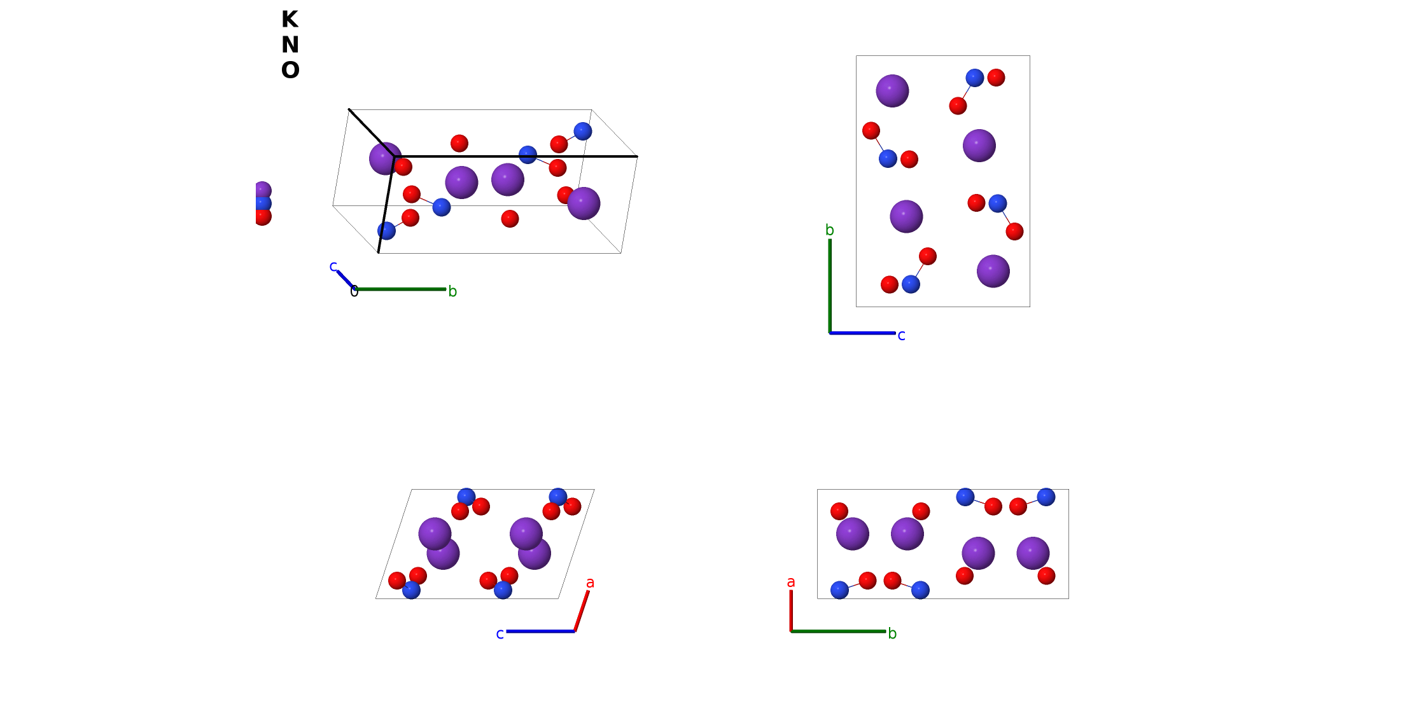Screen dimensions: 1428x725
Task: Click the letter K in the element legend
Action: (290, 20)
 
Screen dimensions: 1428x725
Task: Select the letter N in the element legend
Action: (290, 45)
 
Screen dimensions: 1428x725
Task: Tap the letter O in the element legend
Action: (290, 71)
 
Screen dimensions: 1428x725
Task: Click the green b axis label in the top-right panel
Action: (829, 230)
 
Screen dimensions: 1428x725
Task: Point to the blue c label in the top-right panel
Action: (901, 336)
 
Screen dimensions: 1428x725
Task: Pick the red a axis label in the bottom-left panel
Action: (590, 583)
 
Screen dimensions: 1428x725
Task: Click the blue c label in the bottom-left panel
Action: (500, 634)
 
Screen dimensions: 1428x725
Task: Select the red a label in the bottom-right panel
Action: (790, 582)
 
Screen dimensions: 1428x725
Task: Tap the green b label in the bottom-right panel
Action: (892, 633)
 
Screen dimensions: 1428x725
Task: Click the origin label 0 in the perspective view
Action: (354, 292)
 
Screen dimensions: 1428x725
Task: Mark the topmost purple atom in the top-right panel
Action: (892, 91)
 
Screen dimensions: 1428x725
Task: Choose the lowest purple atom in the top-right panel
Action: (993, 272)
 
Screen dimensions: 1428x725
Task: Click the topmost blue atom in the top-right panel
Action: (974, 78)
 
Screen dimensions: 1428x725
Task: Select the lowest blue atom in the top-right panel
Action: (911, 284)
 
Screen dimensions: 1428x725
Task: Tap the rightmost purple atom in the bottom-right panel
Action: (1033, 553)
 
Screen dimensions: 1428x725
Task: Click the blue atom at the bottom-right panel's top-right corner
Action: (1046, 497)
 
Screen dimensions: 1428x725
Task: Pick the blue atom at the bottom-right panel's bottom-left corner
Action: (839, 590)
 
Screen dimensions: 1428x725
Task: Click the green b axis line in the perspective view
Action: (401, 289)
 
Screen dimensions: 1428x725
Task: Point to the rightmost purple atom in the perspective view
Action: (584, 204)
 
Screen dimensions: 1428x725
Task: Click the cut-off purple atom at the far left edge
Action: (262, 191)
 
